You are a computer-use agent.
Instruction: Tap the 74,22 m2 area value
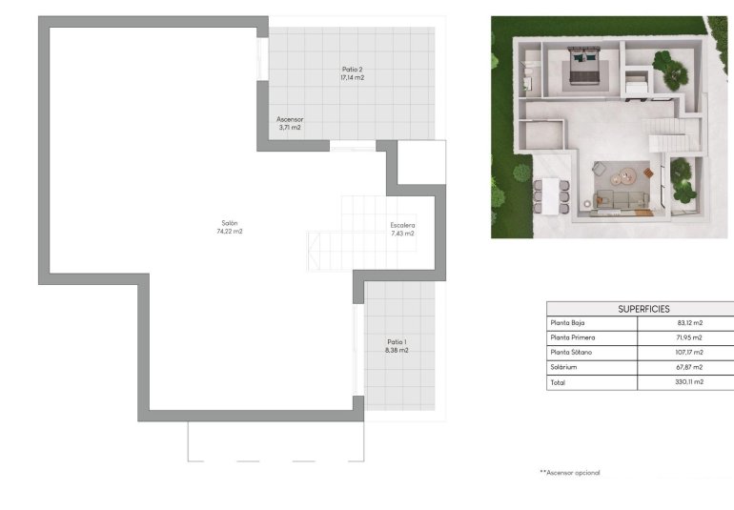coord(229,232)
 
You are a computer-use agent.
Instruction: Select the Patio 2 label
coord(352,69)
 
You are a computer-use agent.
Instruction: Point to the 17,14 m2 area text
coord(352,77)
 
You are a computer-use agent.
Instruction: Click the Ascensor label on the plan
coord(290,119)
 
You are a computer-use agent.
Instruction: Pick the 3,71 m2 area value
coord(290,128)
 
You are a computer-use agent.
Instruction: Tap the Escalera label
coord(402,225)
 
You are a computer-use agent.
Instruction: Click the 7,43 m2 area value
coord(402,234)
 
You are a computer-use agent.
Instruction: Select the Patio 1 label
coord(397,341)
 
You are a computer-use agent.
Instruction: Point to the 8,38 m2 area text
coord(397,350)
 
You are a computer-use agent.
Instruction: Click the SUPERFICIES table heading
coord(643,309)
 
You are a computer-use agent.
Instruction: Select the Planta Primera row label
coord(572,337)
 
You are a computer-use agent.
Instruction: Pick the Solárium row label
coord(564,367)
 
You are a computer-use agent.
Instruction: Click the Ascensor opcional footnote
coord(570,472)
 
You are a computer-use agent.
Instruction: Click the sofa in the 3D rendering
coord(621,200)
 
